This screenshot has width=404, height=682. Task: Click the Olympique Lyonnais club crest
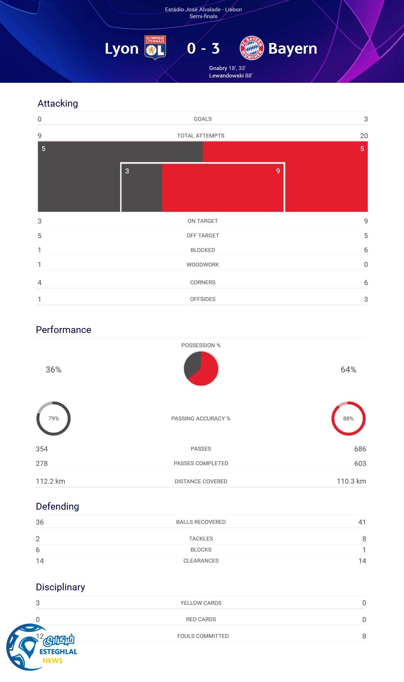click(x=155, y=48)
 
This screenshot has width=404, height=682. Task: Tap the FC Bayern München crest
click(x=252, y=48)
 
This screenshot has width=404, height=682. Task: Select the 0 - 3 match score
click(x=203, y=48)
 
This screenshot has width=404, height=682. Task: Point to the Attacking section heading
click(x=58, y=103)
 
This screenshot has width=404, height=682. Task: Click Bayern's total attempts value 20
click(x=363, y=136)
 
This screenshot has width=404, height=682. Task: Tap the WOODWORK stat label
click(x=203, y=264)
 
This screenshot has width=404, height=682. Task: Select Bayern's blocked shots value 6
click(x=366, y=250)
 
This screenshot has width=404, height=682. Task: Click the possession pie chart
click(x=201, y=369)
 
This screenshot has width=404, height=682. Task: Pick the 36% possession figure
click(x=53, y=370)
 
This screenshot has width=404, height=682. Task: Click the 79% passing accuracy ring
click(x=54, y=418)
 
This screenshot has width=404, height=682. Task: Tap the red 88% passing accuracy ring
click(x=348, y=418)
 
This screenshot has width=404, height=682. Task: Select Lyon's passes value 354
click(x=42, y=449)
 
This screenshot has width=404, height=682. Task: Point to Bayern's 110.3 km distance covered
click(x=351, y=481)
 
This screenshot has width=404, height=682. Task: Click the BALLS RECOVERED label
click(x=201, y=522)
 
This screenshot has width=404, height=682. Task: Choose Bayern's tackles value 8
click(x=364, y=539)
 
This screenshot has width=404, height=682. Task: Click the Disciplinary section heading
click(x=60, y=587)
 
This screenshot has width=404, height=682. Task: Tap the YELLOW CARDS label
click(x=201, y=603)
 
